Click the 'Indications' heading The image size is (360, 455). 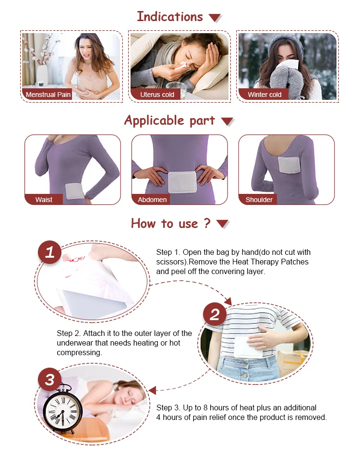pyautogui.click(x=170, y=16)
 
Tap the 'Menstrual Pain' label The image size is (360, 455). pyautogui.click(x=48, y=95)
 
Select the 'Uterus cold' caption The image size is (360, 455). pyautogui.click(x=157, y=95)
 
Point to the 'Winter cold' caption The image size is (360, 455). pyautogui.click(x=264, y=95)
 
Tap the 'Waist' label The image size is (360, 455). pyautogui.click(x=44, y=200)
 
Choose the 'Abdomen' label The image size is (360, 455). pyautogui.click(x=152, y=200)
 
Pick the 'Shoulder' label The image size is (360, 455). pyautogui.click(x=259, y=200)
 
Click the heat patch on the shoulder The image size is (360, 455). pyautogui.click(x=288, y=165)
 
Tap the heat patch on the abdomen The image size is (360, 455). pyautogui.click(x=183, y=182)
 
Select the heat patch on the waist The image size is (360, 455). pyautogui.click(x=74, y=192)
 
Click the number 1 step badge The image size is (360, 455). pyautogui.click(x=49, y=252)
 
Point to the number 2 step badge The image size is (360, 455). pyautogui.click(x=215, y=314)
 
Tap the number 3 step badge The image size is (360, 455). pyautogui.click(x=49, y=380)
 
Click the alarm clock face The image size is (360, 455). pyautogui.click(x=62, y=410)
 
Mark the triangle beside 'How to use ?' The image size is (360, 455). pyautogui.click(x=223, y=224)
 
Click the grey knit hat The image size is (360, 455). pyautogui.click(x=285, y=45)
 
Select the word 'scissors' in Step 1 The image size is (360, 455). pyautogui.click(x=171, y=262)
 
